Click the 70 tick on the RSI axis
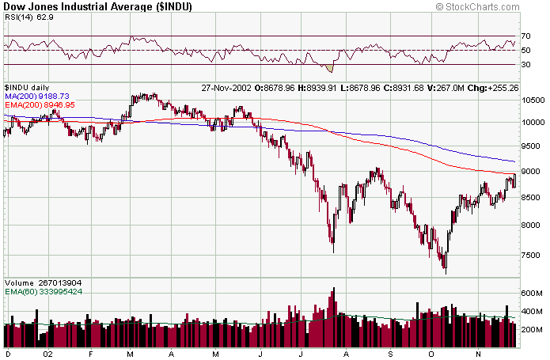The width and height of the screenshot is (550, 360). tap(527, 36)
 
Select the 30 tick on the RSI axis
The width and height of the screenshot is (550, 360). tap(527, 64)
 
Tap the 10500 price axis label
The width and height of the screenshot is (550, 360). tap(533, 100)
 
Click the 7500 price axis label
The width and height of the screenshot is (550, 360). tap(532, 256)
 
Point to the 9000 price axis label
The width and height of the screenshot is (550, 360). tap(532, 172)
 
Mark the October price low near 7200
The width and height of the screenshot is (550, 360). tap(446, 271)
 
